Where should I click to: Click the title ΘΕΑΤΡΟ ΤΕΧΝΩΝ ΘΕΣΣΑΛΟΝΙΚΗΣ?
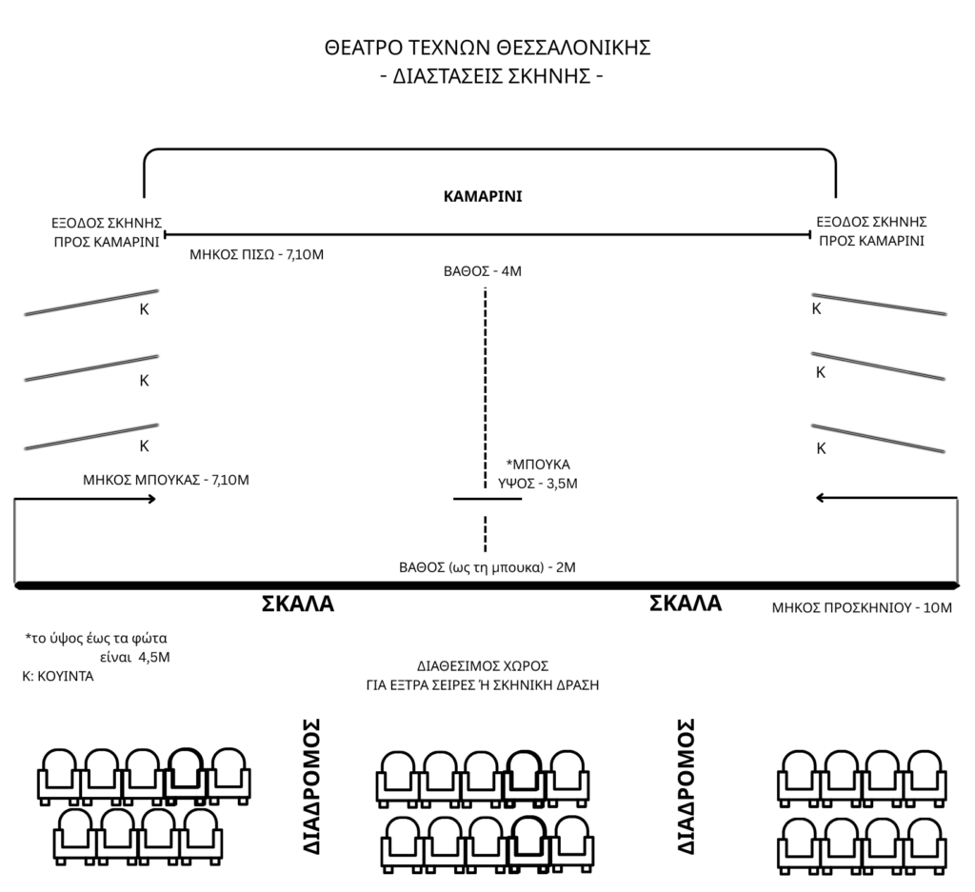[487, 48]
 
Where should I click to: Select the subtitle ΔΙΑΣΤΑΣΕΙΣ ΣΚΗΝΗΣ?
[487, 77]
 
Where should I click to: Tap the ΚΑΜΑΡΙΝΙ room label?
[483, 197]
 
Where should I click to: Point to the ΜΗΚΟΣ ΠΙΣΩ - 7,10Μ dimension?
[257, 254]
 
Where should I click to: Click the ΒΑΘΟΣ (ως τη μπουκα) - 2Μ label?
[487, 566]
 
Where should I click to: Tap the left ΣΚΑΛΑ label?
[298, 604]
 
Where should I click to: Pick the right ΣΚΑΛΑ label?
[685, 603]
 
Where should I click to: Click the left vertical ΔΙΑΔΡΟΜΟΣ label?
[310, 785]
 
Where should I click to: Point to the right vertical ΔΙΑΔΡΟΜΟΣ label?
[686, 785]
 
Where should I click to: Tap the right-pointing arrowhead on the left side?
[151, 497]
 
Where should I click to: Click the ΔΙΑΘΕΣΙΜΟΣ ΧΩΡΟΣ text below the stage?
[483, 665]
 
